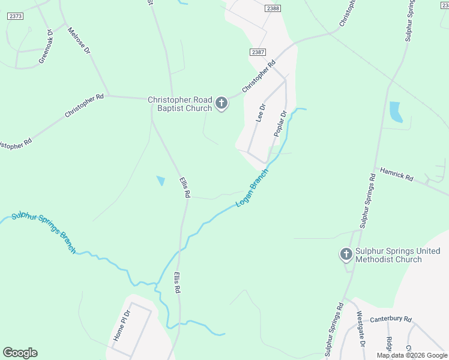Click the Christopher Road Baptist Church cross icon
221,104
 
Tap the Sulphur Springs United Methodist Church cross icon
346,255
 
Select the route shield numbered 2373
16,16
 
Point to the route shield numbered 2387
259,53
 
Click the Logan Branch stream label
252,187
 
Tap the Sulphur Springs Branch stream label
44,232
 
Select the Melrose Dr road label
79,41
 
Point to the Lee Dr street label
261,112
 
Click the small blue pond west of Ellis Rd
160,180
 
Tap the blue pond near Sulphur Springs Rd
395,112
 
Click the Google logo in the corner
20,353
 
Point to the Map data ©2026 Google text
412,355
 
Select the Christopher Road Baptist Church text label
180,104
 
